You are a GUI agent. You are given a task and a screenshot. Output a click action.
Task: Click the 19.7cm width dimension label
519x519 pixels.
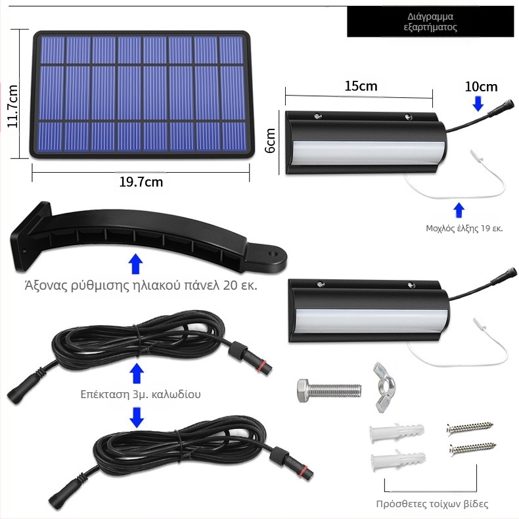pos(141,182)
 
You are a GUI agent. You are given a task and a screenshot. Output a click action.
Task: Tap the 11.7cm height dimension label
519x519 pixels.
pos(12,106)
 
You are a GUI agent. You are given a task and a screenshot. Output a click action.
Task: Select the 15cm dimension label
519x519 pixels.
pos(361,86)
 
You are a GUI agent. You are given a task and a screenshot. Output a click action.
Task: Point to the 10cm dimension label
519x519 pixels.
pos(481,87)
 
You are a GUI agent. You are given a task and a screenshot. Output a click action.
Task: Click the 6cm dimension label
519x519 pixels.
pos(271,141)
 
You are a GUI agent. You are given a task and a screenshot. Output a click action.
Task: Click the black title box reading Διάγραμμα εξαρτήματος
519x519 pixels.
pos(430,22)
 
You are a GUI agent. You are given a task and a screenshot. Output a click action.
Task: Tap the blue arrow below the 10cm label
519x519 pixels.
pos(478,103)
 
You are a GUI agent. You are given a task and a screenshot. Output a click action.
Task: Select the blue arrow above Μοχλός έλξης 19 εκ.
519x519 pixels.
pos(459,210)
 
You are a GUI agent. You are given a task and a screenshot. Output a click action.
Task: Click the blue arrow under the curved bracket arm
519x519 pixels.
pos(135,264)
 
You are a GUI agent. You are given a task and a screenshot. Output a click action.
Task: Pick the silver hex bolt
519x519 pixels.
pos(329,391)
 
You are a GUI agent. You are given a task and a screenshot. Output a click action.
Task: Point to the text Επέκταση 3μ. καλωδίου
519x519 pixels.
pos(141,394)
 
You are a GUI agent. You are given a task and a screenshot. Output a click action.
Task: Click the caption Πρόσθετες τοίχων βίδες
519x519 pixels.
pos(432,504)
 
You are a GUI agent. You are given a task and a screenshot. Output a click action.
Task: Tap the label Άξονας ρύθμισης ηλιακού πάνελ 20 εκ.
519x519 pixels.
pos(141,285)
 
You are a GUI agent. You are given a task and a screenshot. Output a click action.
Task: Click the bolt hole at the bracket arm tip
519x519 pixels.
pos(273,254)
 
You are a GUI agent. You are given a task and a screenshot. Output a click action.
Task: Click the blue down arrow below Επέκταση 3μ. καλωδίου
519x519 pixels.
pos(137,417)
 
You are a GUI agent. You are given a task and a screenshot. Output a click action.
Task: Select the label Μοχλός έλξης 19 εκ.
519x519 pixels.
pos(464,229)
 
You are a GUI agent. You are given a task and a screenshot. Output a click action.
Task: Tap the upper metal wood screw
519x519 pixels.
pos(470,428)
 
